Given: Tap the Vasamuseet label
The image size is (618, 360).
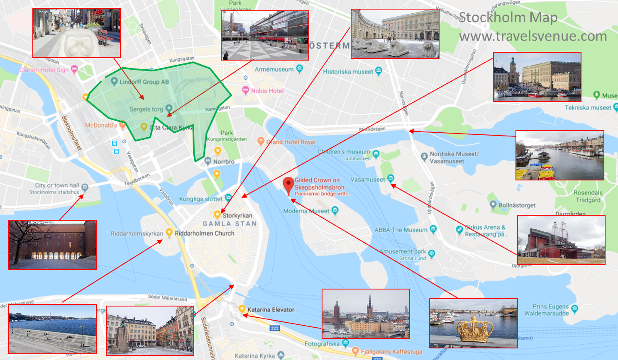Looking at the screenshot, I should pyautogui.click(x=367, y=180).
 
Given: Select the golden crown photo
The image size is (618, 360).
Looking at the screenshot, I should pyautogui.click(x=473, y=323).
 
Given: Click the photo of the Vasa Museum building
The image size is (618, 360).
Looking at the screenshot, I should pyautogui.click(x=561, y=240).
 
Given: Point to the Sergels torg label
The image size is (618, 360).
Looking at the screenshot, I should pyautogui.click(x=146, y=109).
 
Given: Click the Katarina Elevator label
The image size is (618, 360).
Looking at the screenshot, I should pyautogui.click(x=271, y=309).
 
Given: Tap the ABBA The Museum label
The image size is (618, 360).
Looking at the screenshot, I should pyautogui.click(x=401, y=230).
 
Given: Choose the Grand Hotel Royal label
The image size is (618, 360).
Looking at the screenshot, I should pyautogui.click(x=291, y=142).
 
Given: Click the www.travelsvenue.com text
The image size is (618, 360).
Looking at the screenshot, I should pyautogui.click(x=533, y=36).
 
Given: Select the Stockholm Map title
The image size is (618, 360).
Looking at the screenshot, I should pyautogui.click(x=508, y=17).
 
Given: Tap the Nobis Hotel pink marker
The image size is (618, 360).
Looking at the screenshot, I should pyautogui.click(x=246, y=90).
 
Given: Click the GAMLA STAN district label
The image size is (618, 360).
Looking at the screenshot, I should pyautogui.click(x=230, y=224).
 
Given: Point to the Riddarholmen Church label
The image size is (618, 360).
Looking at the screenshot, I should pyautogui.click(x=204, y=233).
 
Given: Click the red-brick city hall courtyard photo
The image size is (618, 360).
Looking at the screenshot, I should pyautogui.click(x=52, y=245).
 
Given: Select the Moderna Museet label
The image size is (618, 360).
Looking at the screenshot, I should pyautogui.click(x=306, y=211).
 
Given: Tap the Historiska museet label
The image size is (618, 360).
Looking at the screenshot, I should pyautogui.click(x=348, y=71).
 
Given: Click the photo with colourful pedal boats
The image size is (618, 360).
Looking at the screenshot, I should pyautogui.click(x=559, y=155).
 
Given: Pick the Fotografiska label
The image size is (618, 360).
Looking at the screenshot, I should pyautogui.click(x=322, y=343).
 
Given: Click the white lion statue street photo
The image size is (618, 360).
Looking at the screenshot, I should pyautogui.click(x=76, y=33).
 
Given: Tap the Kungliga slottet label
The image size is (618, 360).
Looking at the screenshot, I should pyautogui.click(x=200, y=199).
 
